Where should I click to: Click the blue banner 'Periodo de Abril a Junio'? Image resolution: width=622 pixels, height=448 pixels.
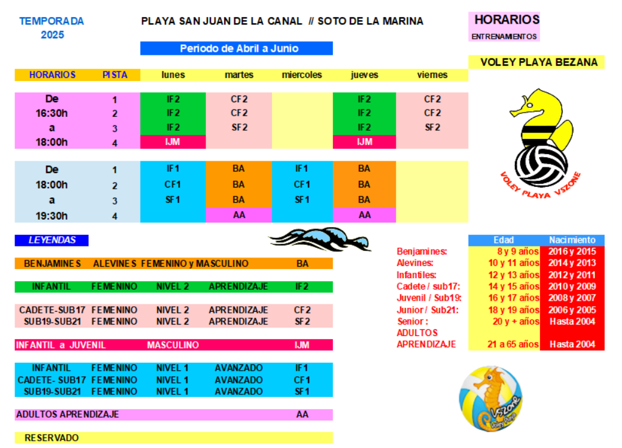236,49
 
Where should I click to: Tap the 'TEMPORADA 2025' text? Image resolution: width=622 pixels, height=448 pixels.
52,28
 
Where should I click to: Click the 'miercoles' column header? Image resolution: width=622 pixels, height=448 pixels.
302,75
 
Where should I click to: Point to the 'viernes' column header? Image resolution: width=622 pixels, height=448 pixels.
432,75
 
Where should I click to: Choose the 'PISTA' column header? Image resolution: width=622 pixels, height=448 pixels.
114,75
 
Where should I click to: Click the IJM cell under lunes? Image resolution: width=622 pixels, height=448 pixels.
173,142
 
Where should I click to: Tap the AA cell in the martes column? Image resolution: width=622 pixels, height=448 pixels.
239,215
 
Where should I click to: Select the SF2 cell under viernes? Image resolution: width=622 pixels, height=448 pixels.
432,127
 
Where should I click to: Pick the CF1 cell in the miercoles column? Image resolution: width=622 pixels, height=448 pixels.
302,184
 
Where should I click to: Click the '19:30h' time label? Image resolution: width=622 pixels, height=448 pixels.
52,215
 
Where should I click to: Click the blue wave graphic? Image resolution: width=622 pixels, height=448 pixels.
319,238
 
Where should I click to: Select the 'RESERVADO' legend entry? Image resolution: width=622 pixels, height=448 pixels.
52,438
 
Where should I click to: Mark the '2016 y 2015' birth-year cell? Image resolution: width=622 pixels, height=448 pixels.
572,252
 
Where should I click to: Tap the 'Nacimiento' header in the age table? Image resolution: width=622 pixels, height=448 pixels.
572,240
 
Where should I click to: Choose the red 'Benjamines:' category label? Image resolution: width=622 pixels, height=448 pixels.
422,252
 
